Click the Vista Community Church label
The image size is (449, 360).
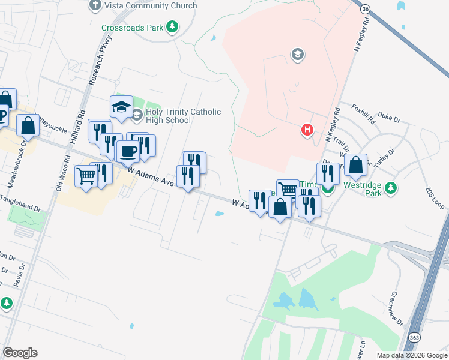click(150, 6)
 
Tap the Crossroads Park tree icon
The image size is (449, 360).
click(173, 27)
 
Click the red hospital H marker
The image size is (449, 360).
click(307, 129)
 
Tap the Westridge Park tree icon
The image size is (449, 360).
click(391, 188)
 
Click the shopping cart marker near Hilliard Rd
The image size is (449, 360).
click(86, 176)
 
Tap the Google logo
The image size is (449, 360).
click(20, 353)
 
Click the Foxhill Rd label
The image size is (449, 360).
click(363, 112)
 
